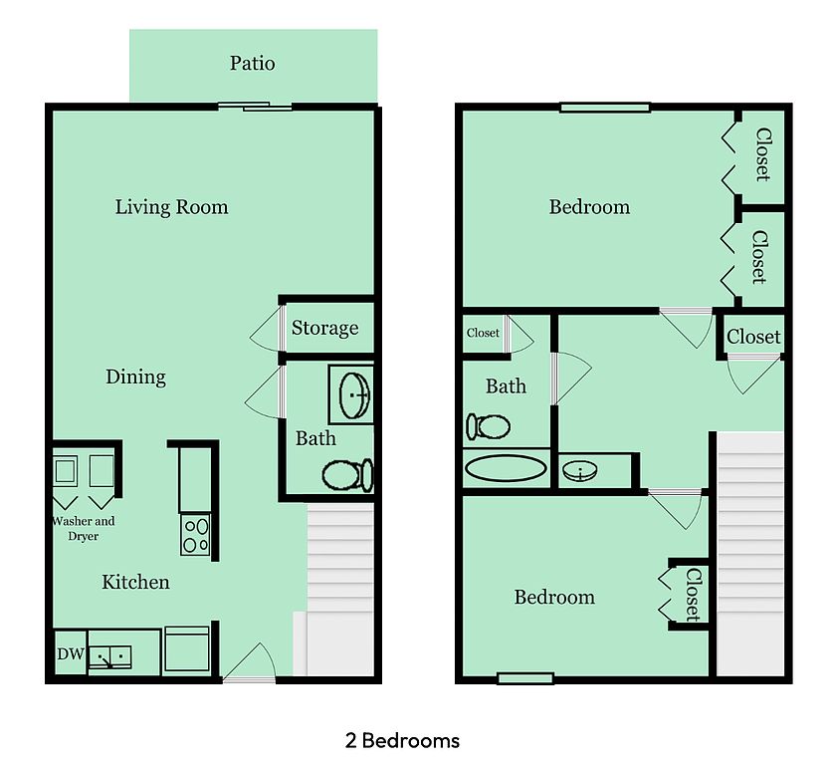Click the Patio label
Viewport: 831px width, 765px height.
(x=252, y=63)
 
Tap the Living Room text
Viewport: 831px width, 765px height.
(x=172, y=206)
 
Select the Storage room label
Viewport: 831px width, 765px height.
(x=324, y=328)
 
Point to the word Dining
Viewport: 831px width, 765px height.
(x=135, y=377)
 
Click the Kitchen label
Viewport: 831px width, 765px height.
(x=135, y=582)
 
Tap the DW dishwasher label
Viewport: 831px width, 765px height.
(x=71, y=653)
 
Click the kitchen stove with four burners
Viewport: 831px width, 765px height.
(x=195, y=535)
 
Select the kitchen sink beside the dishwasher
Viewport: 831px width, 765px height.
(x=109, y=656)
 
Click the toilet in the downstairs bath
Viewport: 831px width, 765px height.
(x=347, y=475)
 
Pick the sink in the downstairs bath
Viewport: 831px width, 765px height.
(x=354, y=395)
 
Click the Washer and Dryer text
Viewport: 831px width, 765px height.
(x=84, y=528)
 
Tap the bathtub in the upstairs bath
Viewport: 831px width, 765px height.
(x=506, y=468)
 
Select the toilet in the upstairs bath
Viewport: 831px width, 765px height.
(x=488, y=426)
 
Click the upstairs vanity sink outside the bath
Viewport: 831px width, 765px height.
(x=580, y=470)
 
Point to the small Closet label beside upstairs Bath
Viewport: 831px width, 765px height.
(x=483, y=333)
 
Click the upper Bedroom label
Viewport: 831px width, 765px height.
(x=590, y=206)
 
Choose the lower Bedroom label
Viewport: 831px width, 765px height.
(x=554, y=597)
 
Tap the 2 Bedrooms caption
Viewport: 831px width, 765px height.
(x=402, y=740)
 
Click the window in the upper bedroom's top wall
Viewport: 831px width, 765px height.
(x=605, y=108)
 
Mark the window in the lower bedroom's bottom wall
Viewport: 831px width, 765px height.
(x=525, y=678)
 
